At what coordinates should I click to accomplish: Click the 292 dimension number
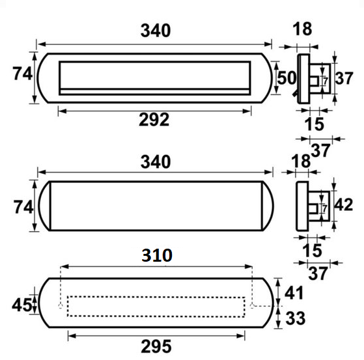[154, 120]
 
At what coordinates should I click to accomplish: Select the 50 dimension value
[287, 77]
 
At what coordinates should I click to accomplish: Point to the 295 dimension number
[156, 346]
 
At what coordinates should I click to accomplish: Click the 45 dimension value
[22, 305]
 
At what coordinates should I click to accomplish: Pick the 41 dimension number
[296, 294]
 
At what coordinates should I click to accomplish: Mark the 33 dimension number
[296, 318]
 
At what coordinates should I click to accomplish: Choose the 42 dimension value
[343, 205]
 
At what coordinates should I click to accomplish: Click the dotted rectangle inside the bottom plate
[156, 306]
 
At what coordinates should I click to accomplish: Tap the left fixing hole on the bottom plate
[61, 305]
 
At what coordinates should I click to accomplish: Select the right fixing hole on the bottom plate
[252, 304]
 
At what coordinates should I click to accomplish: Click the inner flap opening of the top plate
[154, 76]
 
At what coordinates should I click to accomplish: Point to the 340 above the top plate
[156, 31]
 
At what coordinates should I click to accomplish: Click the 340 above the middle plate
[156, 161]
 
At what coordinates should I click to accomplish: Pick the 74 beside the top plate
[22, 74]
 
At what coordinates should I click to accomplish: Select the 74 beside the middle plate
[22, 207]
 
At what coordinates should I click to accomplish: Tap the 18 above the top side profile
[303, 29]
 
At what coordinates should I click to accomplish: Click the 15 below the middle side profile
[314, 249]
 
